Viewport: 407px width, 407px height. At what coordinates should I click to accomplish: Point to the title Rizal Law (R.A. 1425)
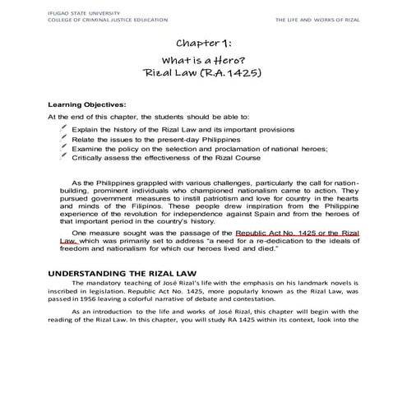click(204, 78)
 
